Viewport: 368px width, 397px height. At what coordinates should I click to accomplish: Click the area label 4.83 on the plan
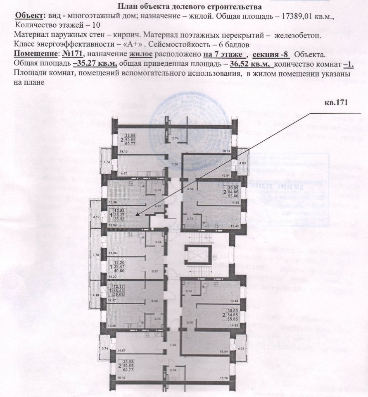158,206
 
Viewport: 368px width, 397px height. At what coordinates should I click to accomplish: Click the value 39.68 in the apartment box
119,294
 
